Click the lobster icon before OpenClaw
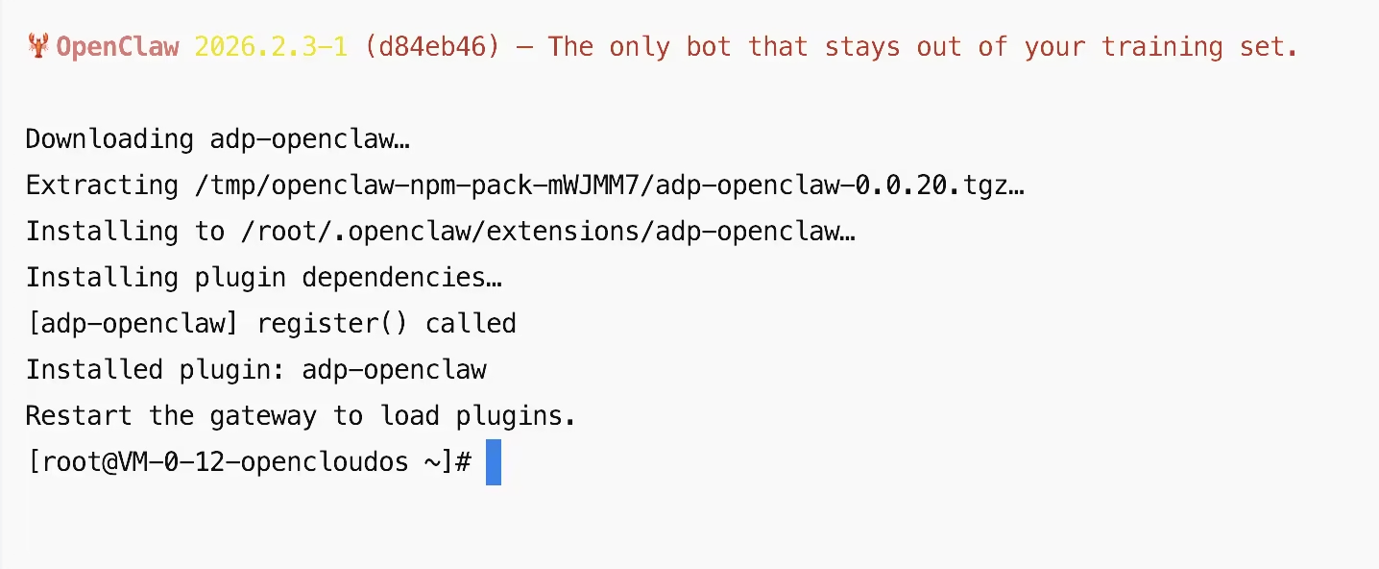click(x=38, y=46)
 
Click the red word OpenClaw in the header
click(x=117, y=46)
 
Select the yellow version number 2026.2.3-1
click(x=270, y=46)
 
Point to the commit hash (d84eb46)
click(x=432, y=46)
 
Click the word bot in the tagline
click(x=709, y=46)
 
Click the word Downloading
click(x=109, y=138)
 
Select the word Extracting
click(x=102, y=185)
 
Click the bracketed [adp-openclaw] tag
click(x=133, y=323)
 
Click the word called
click(x=471, y=323)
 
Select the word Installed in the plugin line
click(x=94, y=369)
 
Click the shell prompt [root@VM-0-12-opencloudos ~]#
click(x=248, y=461)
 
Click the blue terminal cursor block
click(x=494, y=461)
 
